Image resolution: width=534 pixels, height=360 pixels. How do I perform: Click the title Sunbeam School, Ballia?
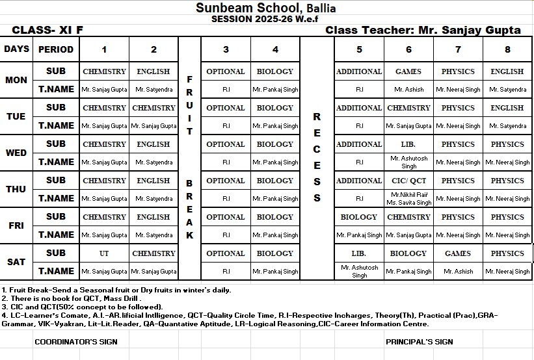(266, 8)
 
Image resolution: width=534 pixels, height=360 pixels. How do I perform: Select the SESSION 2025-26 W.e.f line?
(266, 19)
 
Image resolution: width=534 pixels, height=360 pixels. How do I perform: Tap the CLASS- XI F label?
(47, 30)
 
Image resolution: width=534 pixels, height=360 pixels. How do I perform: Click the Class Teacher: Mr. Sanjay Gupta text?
(423, 30)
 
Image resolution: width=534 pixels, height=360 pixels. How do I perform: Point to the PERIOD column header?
(56, 49)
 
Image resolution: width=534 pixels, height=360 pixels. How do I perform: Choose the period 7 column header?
(458, 49)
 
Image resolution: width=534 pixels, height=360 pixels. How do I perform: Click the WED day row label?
(16, 153)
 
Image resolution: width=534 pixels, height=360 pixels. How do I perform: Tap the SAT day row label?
(16, 262)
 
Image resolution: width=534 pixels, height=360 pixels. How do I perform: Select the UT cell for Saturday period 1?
(104, 253)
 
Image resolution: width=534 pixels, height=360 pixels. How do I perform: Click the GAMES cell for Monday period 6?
(408, 71)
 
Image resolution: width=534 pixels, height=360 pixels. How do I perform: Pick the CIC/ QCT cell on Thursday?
(408, 181)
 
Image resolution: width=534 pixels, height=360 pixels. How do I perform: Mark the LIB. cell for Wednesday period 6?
(408, 144)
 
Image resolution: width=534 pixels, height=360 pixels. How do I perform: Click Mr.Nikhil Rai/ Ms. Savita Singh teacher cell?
(409, 198)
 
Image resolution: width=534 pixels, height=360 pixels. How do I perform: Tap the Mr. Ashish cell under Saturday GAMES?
(458, 272)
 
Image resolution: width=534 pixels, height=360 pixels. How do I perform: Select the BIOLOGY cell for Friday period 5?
(359, 217)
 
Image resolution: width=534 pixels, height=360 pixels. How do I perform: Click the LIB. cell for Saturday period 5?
(359, 253)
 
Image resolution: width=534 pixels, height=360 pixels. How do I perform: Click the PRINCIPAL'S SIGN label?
(419, 341)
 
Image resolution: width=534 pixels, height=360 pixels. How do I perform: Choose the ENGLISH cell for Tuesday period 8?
(507, 108)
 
